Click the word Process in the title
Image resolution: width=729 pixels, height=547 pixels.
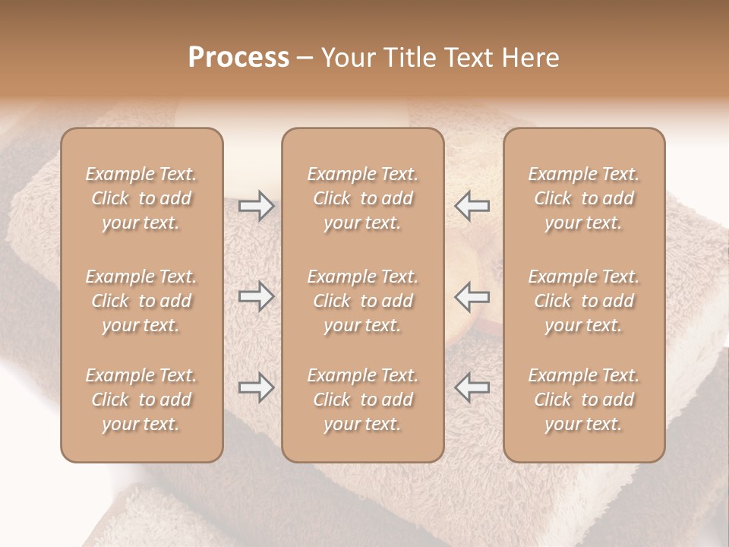(x=238, y=58)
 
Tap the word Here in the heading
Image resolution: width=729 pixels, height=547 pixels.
(x=530, y=58)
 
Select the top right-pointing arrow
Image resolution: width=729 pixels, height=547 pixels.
(x=256, y=206)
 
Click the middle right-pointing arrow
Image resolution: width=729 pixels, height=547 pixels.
(x=256, y=296)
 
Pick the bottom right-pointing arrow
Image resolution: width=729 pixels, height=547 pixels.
(x=256, y=387)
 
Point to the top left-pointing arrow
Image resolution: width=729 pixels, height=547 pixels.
(x=472, y=206)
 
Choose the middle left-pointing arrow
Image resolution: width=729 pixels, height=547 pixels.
(x=472, y=296)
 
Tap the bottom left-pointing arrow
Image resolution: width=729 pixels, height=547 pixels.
(x=472, y=387)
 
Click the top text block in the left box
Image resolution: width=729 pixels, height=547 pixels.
(x=141, y=198)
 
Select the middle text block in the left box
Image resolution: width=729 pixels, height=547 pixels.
(x=141, y=301)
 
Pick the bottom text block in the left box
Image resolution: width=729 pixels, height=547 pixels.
(x=141, y=400)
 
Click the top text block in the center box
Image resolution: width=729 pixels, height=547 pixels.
(x=362, y=198)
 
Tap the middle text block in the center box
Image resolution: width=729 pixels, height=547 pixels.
(x=362, y=301)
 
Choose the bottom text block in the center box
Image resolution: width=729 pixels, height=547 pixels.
(x=362, y=400)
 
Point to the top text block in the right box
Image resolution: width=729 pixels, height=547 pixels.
(x=583, y=198)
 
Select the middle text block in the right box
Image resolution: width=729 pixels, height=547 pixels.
(x=583, y=301)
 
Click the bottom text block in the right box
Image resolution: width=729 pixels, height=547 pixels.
(x=583, y=400)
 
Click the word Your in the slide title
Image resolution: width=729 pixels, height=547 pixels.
(x=346, y=58)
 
